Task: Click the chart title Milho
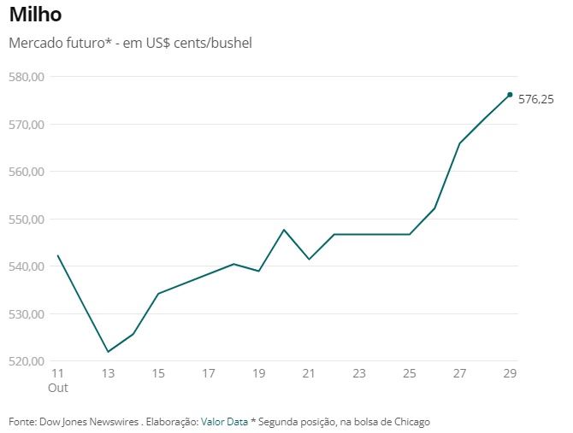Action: click(35, 15)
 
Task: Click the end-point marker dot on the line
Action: click(510, 95)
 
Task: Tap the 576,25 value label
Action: click(536, 100)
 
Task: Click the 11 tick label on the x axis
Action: click(57, 374)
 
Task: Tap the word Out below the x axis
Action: click(57, 388)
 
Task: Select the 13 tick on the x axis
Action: click(108, 374)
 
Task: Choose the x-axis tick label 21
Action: click(309, 374)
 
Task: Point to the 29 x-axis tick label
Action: click(510, 374)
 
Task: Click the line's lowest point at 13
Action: click(108, 352)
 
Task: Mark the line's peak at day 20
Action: click(284, 230)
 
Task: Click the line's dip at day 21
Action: click(309, 259)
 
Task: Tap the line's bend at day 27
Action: click(460, 143)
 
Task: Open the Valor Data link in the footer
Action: click(224, 422)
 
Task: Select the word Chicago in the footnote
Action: click(410, 422)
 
